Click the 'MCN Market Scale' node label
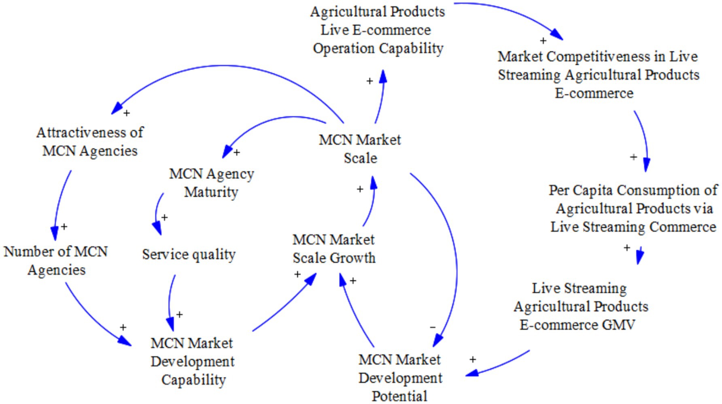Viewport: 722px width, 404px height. pos(360,149)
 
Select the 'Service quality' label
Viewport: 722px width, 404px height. pos(189,255)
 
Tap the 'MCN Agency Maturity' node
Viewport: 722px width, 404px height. pos(211,183)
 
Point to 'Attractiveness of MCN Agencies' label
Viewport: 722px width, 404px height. pos(90,141)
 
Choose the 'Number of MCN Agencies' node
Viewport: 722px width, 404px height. pos(56,261)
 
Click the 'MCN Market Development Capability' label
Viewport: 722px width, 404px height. pos(193,361)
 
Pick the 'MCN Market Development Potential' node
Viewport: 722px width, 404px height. pos(400,377)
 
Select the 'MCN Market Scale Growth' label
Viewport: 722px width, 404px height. pos(334,249)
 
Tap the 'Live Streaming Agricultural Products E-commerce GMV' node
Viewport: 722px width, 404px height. pos(580,307)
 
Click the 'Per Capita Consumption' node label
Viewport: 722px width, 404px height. pos(633,208)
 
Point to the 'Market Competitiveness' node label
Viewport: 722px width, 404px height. pos(598,75)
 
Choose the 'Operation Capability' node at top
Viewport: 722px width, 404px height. pos(378,30)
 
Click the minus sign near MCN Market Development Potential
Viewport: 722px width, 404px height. pos(433,327)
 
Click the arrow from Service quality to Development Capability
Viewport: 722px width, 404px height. pos(170,299)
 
